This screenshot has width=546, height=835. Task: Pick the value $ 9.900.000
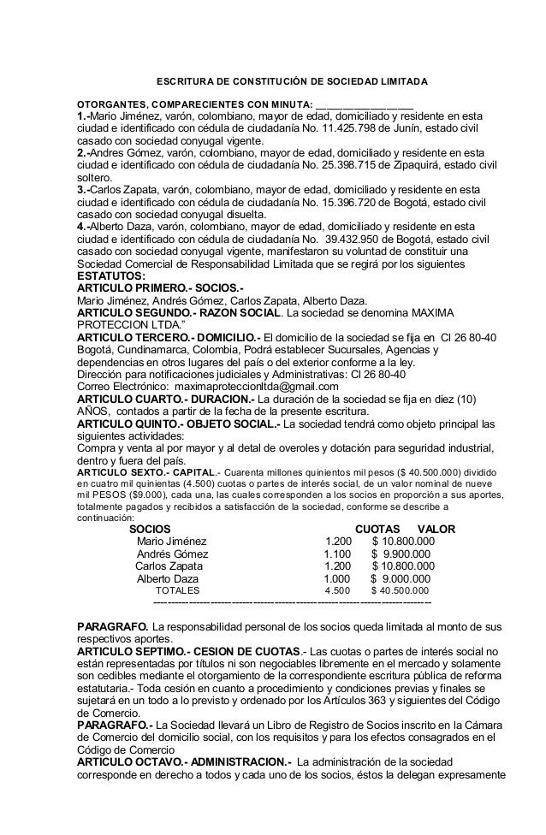pyautogui.click(x=404, y=554)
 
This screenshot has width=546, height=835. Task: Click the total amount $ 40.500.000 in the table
pyautogui.click(x=401, y=590)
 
